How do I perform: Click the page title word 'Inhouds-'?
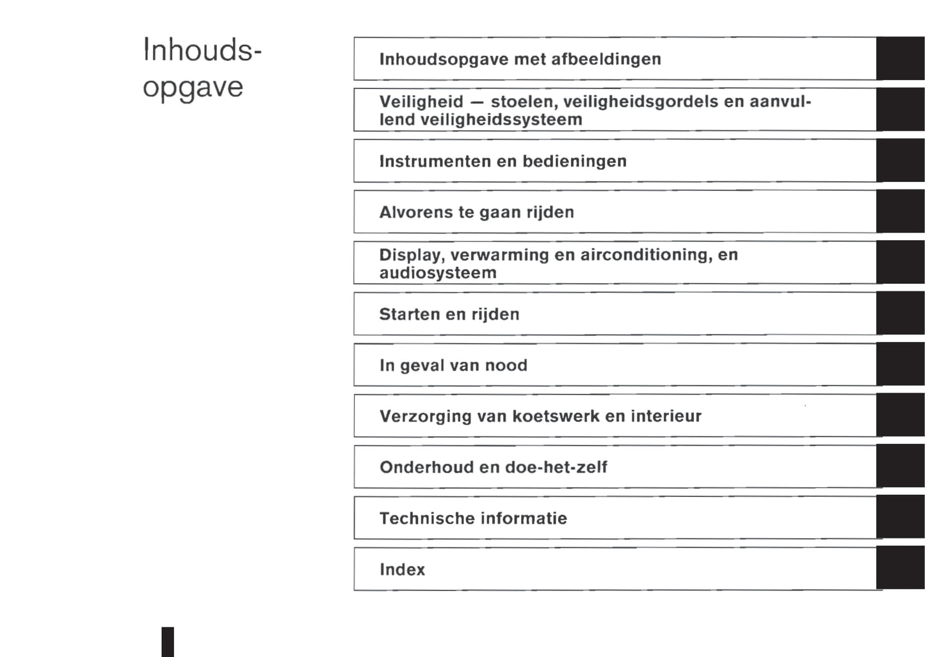202,50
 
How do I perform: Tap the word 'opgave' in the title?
193,87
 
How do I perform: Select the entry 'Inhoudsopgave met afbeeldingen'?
520,59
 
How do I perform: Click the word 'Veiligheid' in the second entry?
421,102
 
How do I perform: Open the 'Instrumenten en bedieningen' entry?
503,161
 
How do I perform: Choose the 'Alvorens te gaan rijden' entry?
476,212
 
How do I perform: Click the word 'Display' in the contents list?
410,255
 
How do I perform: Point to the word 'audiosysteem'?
438,273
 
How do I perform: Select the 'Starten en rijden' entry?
449,314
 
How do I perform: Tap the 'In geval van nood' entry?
453,365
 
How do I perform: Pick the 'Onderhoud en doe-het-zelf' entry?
493,467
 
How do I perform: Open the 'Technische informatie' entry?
473,518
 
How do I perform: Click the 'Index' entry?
402,569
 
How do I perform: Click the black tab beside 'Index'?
900,569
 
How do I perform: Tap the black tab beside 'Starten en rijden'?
900,314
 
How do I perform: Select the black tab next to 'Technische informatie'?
900,517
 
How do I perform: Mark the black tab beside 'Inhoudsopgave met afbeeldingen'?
900,59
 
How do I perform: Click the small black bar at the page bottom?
168,642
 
